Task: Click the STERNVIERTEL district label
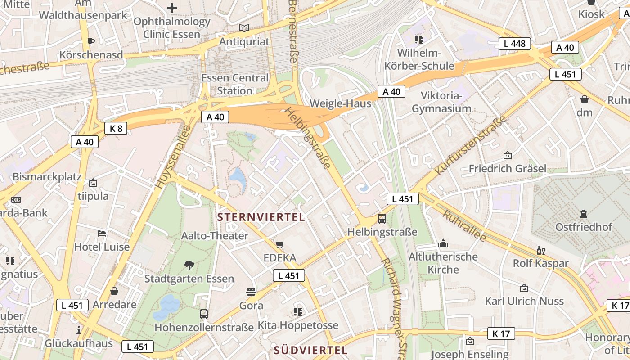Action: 261,217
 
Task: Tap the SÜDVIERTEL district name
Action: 310,350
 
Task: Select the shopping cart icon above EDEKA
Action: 280,244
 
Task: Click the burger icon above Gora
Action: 251,292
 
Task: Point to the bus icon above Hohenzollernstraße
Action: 204,314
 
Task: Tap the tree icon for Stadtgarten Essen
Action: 189,265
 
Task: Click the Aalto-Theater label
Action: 215,236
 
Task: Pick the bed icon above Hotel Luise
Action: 102,233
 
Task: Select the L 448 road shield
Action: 515,44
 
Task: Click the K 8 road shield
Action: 116,128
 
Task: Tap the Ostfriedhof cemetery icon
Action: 584,213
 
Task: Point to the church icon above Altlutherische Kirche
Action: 443,243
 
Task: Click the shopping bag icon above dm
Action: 585,99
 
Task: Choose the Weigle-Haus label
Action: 341,103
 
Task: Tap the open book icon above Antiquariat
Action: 244,28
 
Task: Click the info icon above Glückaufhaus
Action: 79,330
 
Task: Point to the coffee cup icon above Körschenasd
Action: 91,41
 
